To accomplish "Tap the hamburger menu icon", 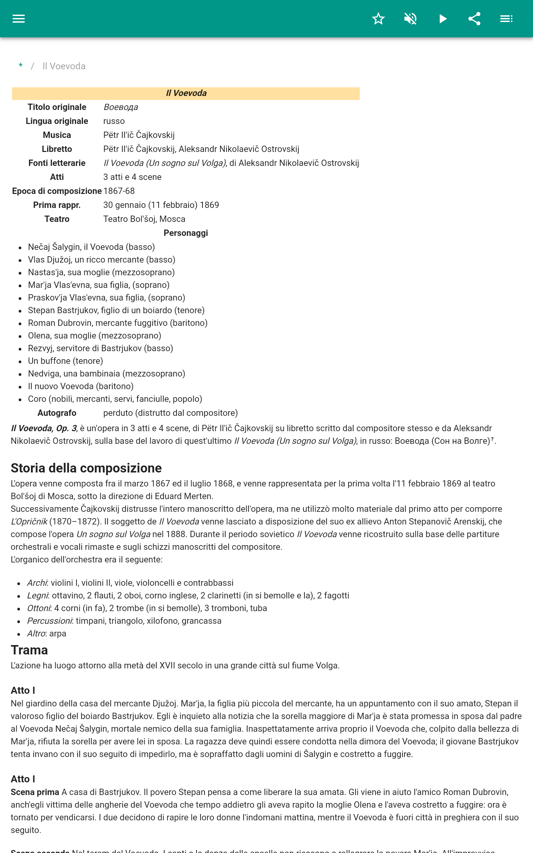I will click(19, 19).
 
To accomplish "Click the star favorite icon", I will click(378, 19).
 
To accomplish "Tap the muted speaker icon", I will click(410, 19).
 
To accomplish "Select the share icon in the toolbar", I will click(474, 19).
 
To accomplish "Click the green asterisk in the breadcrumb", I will click(21, 66).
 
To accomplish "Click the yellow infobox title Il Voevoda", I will click(186, 93).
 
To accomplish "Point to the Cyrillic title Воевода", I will click(121, 107).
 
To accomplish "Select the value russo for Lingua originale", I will click(114, 121).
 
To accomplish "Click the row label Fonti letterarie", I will click(57, 163).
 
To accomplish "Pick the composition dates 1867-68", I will click(119, 191).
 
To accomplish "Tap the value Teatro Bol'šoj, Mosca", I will click(144, 219).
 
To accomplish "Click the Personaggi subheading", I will click(186, 233).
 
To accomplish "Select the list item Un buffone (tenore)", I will click(66, 361).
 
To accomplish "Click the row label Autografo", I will click(57, 413).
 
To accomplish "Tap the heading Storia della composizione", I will click(86, 468).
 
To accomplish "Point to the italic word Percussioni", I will click(50, 621).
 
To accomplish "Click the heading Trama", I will click(29, 650).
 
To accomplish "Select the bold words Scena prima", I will click(35, 792).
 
